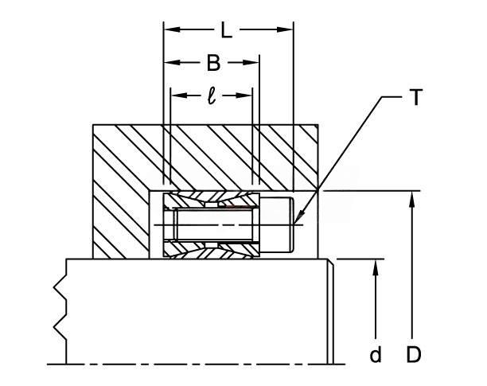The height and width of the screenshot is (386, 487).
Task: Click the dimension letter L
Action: pyautogui.click(x=227, y=29)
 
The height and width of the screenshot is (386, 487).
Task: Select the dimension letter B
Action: pyautogui.click(x=213, y=63)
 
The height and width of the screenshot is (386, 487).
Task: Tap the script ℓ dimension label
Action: pyautogui.click(x=212, y=96)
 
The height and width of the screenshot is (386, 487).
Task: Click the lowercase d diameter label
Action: pyautogui.click(x=376, y=355)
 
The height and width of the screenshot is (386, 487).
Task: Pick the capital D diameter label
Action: pyautogui.click(x=413, y=354)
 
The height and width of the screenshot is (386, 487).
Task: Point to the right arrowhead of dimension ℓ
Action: pyautogui.click(x=244, y=96)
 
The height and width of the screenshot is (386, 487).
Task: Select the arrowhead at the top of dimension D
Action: pyautogui.click(x=412, y=199)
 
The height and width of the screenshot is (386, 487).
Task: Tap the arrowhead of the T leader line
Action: pyautogui.click(x=298, y=217)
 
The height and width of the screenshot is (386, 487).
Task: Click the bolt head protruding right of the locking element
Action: pyautogui.click(x=276, y=224)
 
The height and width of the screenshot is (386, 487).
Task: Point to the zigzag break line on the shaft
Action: pyautogui.click(x=60, y=311)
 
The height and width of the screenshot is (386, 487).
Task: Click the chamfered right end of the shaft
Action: pyautogui.click(x=330, y=311)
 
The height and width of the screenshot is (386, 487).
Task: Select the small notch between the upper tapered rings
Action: pyautogui.click(x=212, y=205)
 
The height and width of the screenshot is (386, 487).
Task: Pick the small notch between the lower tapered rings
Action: pyautogui.click(x=212, y=245)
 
